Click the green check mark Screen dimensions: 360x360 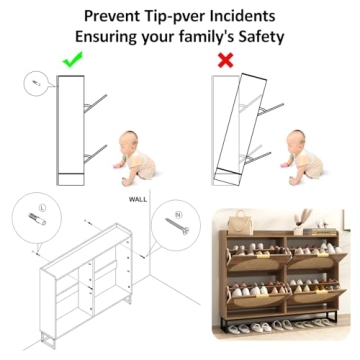tap(72, 60)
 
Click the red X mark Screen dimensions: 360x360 tap(225, 60)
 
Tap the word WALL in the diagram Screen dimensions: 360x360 tap(138, 200)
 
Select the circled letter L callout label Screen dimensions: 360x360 tap(42, 208)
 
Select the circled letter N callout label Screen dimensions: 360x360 tap(179, 215)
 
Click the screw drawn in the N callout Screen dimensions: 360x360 tap(177, 226)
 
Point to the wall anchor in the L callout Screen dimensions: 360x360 tap(37, 219)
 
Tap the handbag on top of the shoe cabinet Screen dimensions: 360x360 tap(240, 222)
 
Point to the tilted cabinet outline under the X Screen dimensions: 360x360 tap(241, 130)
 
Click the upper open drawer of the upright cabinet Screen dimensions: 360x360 tap(95, 103)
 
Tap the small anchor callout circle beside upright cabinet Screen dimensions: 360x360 tap(37, 84)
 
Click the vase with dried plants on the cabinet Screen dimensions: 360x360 tap(301, 221)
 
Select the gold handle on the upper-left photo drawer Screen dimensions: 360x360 tap(262, 256)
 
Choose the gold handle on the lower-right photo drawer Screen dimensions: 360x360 tap(321, 292)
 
